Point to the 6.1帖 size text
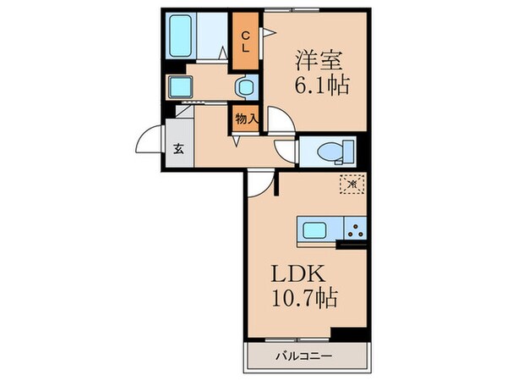322,85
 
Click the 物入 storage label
245,119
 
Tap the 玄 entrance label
179,149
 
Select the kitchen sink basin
314,229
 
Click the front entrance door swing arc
150,137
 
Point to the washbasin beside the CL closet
246,86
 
